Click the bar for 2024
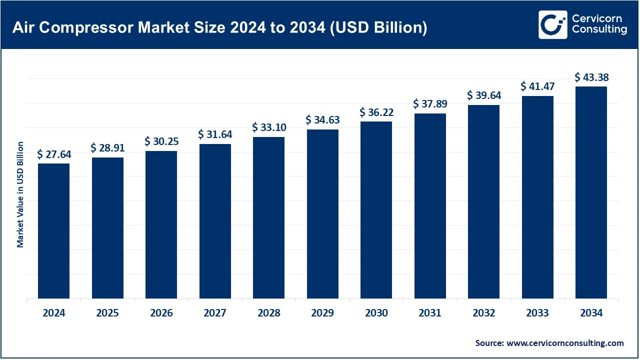coord(54,231)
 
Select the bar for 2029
coord(322,214)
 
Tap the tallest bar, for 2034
coord(591,192)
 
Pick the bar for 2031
coord(430,206)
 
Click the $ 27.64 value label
coord(54,154)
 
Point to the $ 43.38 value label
coord(591,77)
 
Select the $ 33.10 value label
coord(269,127)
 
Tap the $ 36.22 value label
coord(376,112)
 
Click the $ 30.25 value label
coord(161,141)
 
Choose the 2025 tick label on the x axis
coord(107,313)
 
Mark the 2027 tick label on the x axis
coord(215,313)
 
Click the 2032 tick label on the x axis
coord(483,313)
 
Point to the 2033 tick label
coord(537,313)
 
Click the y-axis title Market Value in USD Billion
coord(20,194)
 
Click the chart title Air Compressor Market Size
coord(219,27)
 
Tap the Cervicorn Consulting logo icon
coord(552,24)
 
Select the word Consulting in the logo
coord(599,30)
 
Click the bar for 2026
coord(161,225)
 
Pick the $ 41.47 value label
coord(537,86)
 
